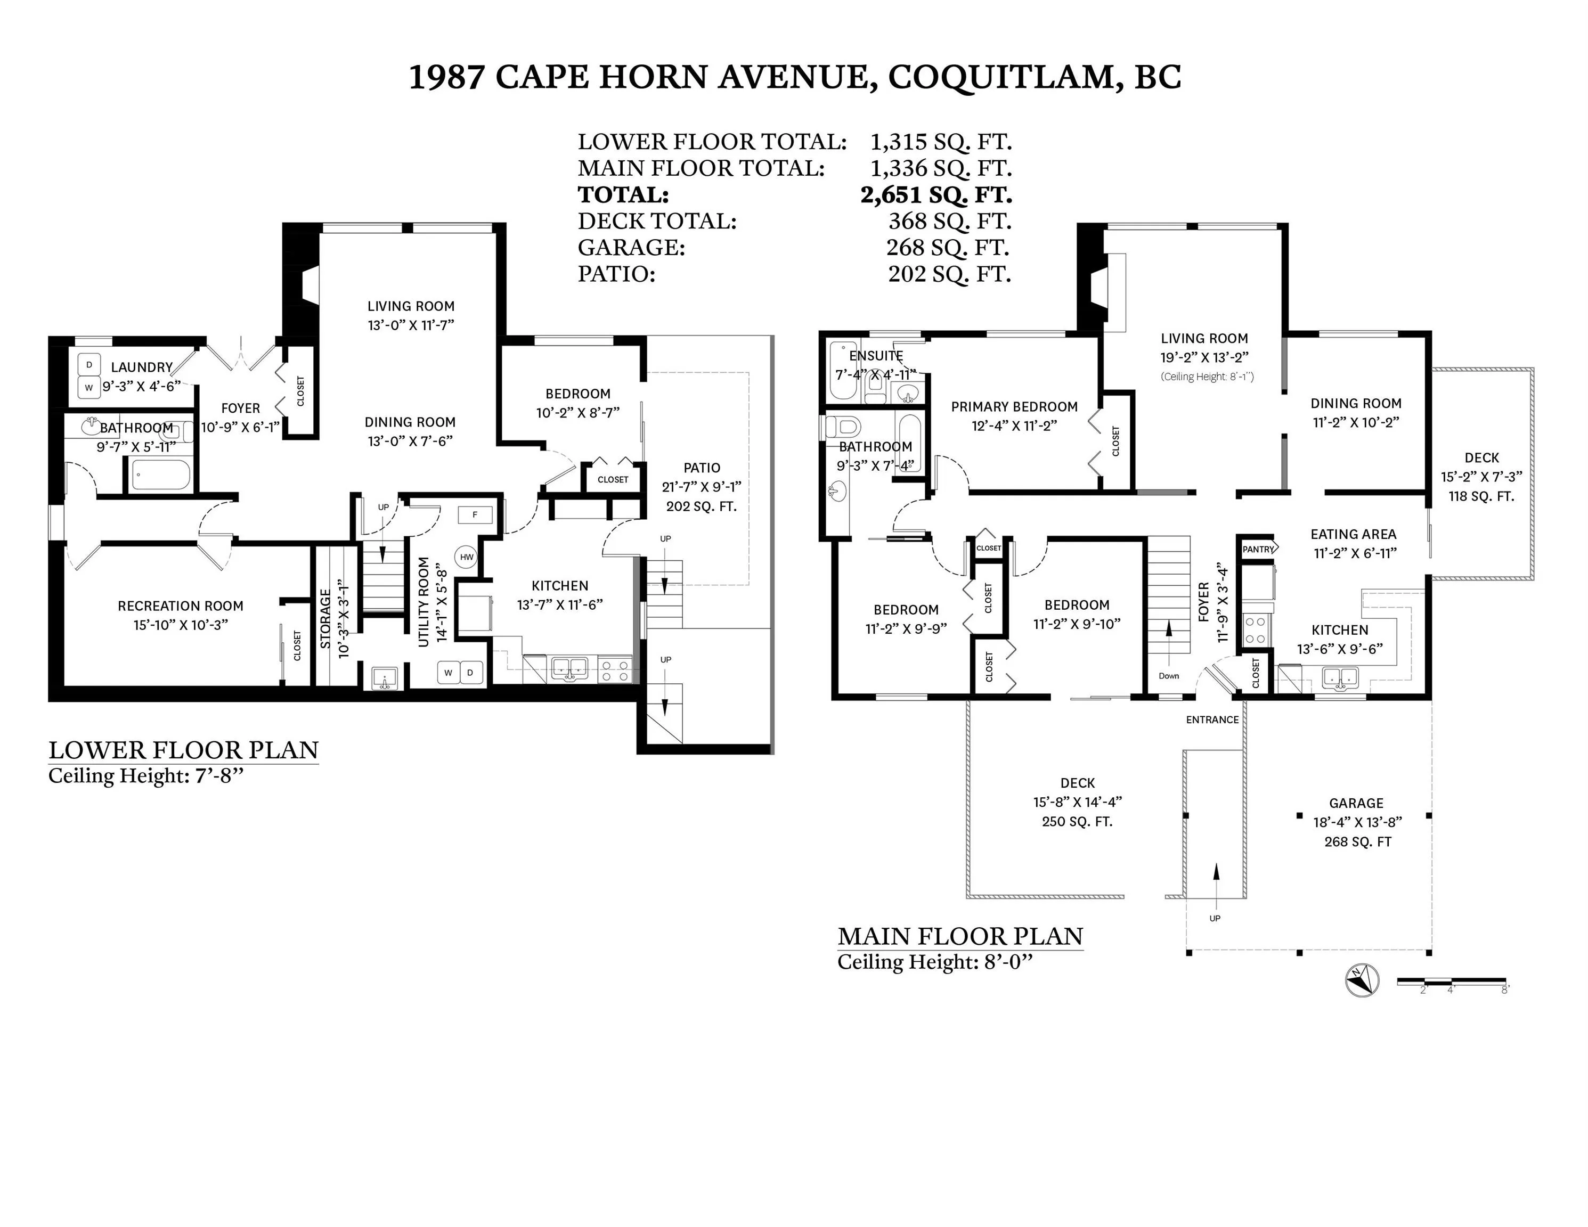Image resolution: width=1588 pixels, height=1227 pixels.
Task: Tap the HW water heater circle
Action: tap(466, 558)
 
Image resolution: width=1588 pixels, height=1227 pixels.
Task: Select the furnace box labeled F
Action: tap(475, 514)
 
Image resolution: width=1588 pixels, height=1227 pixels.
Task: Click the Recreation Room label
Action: tap(181, 606)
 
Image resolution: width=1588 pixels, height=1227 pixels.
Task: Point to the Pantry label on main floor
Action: tap(1258, 549)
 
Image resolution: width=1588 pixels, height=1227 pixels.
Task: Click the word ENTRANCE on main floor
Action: tap(1212, 719)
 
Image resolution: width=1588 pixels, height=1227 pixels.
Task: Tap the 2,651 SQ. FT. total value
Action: tap(936, 195)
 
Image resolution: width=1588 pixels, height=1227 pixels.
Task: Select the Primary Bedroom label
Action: tap(1014, 406)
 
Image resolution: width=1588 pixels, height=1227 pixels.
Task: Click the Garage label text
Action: tap(1356, 803)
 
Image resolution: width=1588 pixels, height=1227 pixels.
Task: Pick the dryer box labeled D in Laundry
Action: tap(89, 365)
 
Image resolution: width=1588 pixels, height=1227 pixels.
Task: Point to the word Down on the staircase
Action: tap(1168, 676)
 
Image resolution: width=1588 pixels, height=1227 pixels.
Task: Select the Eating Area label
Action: tap(1353, 534)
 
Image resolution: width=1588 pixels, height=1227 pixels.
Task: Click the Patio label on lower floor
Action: tap(702, 468)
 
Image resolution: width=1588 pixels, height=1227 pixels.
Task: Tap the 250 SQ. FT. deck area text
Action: tap(1078, 821)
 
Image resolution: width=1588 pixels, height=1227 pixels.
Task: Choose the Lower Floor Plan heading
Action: tap(183, 750)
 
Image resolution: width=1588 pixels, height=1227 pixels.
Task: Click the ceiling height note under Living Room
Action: tap(1207, 377)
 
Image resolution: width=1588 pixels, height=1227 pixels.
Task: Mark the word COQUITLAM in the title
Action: tap(1001, 78)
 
